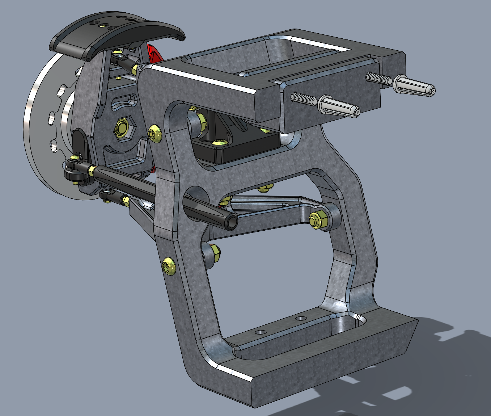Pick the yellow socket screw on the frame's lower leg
169,266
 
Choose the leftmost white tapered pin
338,107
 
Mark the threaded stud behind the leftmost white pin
303,99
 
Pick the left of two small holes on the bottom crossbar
260,332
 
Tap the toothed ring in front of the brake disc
58,119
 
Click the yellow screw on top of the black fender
105,25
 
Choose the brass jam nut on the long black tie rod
93,169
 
